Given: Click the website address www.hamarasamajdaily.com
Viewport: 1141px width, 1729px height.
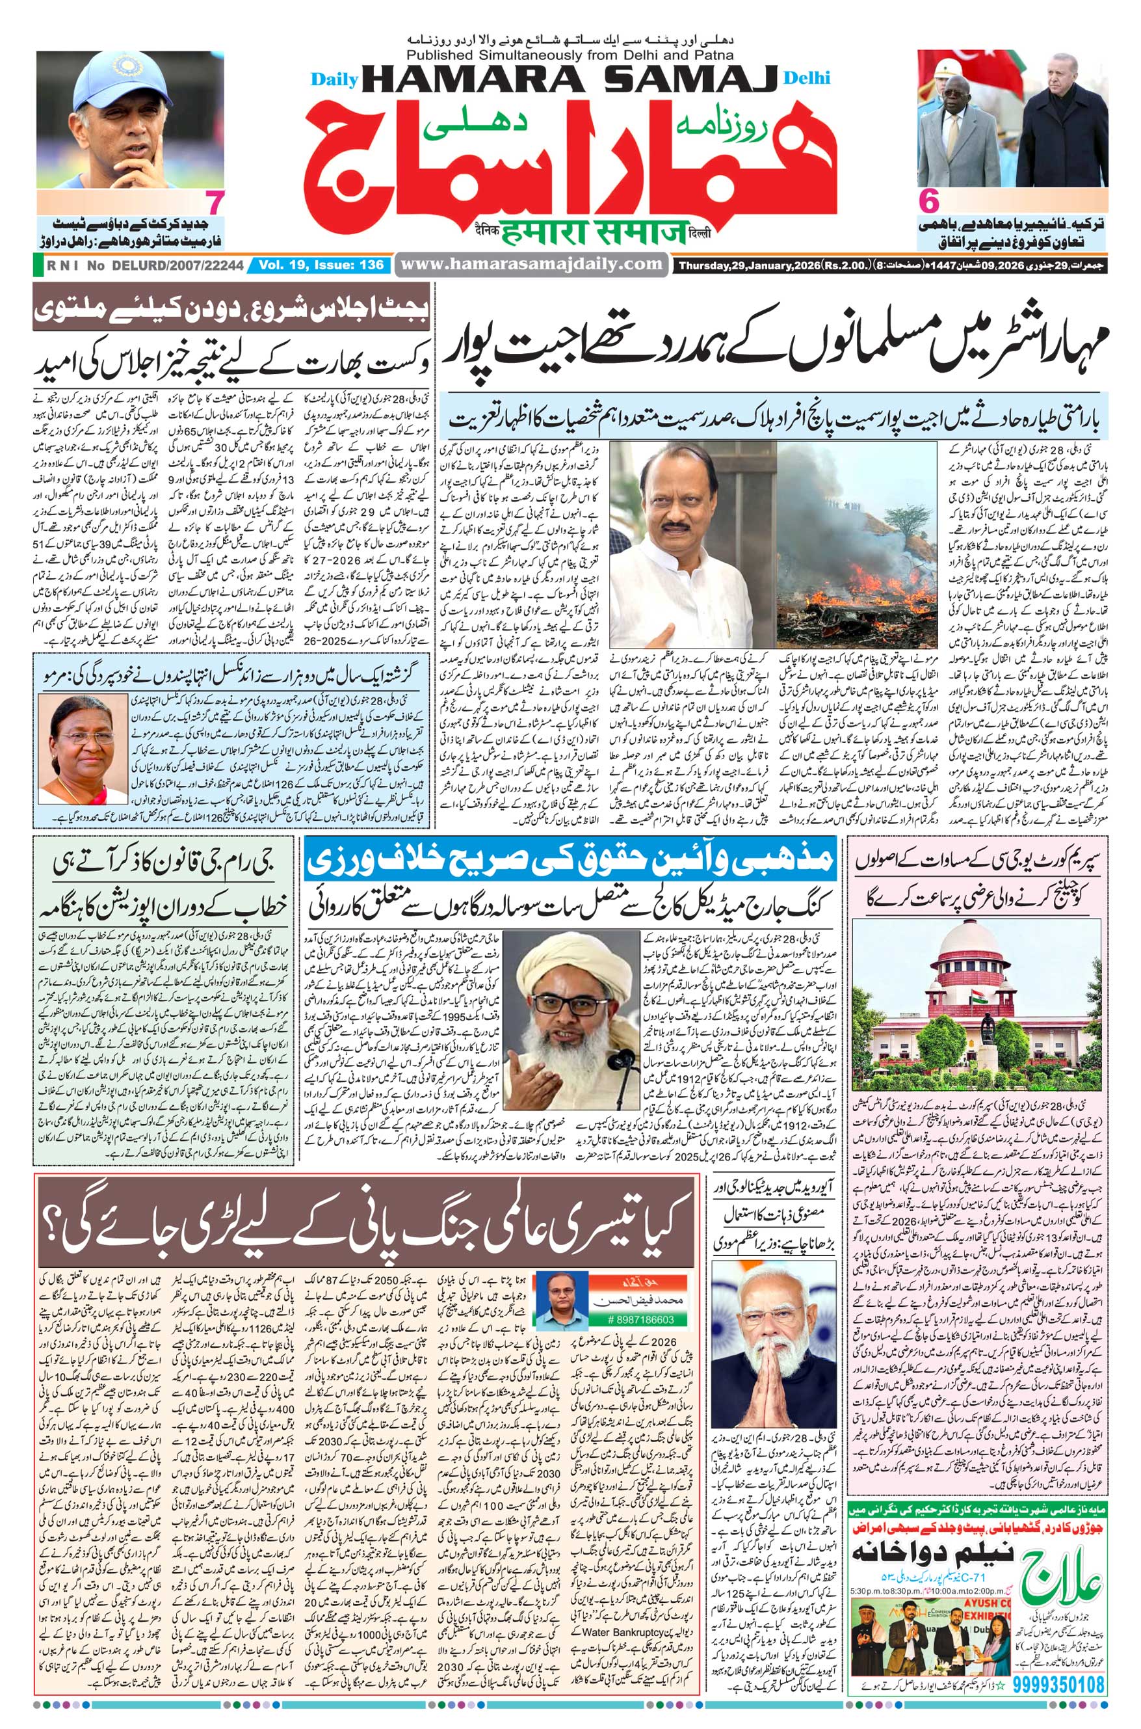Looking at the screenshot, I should point(531,264).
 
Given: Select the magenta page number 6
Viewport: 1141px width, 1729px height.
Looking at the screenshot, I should point(929,201).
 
